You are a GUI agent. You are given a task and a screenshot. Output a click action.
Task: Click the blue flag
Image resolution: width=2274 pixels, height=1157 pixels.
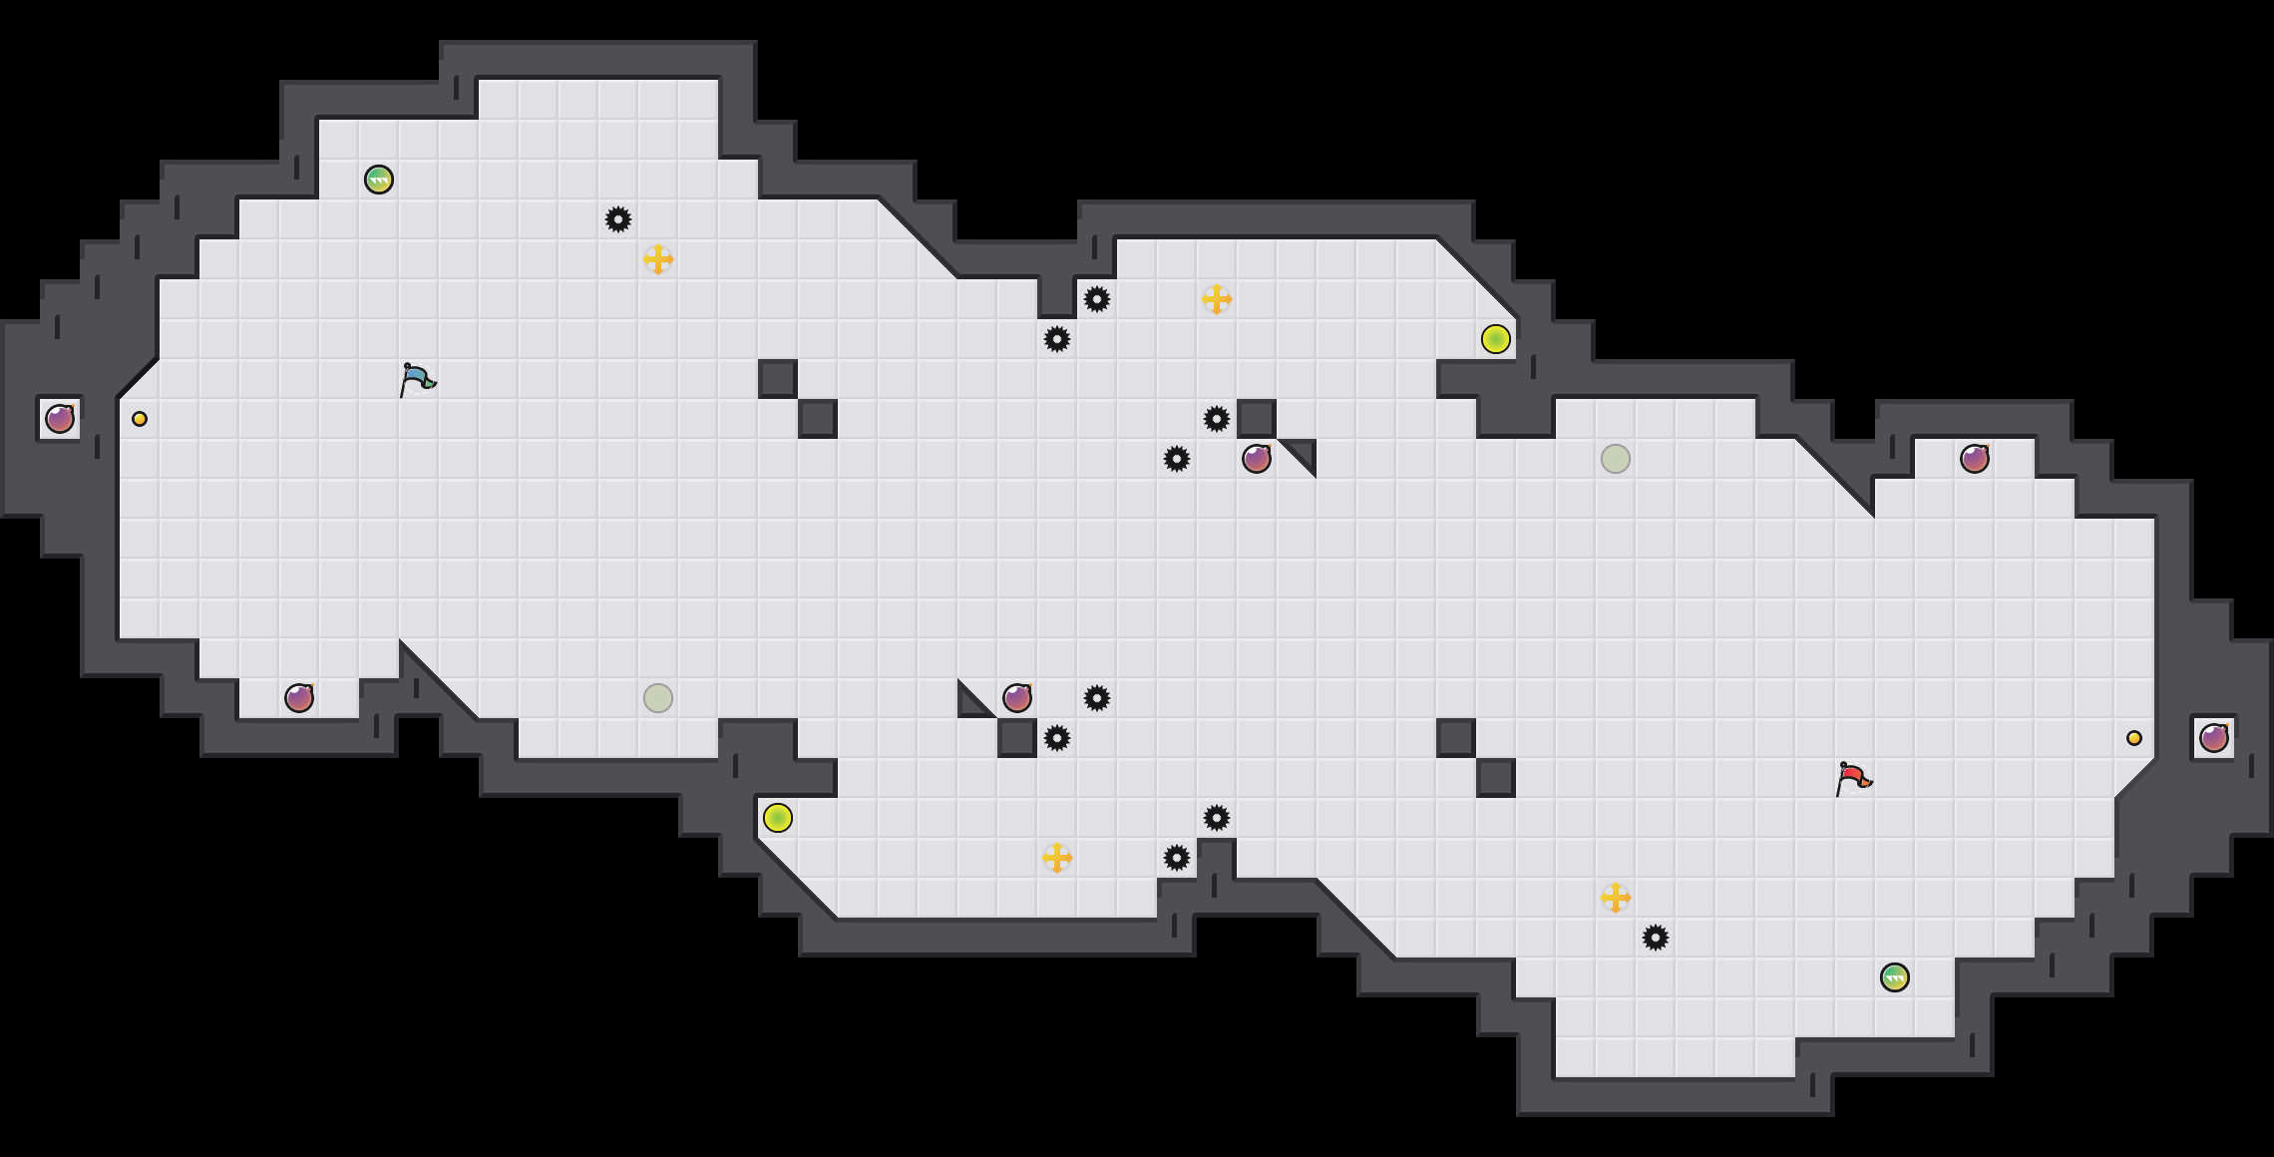tap(417, 379)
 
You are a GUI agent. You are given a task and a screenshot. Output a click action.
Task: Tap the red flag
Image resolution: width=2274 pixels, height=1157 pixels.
tap(1853, 778)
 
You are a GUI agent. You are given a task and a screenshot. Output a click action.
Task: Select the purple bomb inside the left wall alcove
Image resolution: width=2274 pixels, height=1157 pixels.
tap(60, 419)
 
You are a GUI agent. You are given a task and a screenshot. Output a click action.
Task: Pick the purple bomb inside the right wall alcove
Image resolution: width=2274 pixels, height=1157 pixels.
tap(2214, 738)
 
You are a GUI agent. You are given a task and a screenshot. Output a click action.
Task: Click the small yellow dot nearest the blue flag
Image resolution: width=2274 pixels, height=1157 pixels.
tap(140, 419)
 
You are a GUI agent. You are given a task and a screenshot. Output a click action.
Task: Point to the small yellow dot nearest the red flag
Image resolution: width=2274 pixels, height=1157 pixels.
tap(2134, 738)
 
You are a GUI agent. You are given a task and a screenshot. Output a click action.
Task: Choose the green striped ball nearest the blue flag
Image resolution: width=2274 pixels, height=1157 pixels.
tap(379, 180)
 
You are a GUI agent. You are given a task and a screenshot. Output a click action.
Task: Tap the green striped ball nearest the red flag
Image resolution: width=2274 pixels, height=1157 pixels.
tap(1895, 977)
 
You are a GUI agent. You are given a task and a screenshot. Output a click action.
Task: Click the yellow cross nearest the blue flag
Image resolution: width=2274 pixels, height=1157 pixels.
tap(658, 259)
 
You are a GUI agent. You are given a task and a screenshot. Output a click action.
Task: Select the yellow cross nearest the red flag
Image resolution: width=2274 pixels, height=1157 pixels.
tap(1616, 898)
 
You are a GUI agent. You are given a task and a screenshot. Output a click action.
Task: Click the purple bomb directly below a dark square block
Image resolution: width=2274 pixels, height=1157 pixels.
tap(1257, 459)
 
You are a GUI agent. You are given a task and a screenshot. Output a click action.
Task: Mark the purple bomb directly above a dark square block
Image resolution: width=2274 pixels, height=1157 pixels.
tap(1017, 698)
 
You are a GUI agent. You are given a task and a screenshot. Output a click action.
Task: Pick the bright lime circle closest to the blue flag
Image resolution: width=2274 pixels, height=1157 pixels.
tap(778, 818)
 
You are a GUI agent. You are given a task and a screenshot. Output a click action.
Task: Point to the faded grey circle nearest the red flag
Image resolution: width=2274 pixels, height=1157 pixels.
tap(1616, 459)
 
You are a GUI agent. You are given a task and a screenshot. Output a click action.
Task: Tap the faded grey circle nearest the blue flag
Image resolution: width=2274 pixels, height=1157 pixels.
tap(658, 698)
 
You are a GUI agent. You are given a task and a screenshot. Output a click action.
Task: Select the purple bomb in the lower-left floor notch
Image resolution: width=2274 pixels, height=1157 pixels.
tap(299, 698)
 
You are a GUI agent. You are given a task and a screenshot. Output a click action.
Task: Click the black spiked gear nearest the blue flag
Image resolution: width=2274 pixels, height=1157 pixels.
tap(618, 219)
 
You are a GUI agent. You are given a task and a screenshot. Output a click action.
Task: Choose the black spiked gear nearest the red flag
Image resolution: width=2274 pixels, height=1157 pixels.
tap(1656, 938)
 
